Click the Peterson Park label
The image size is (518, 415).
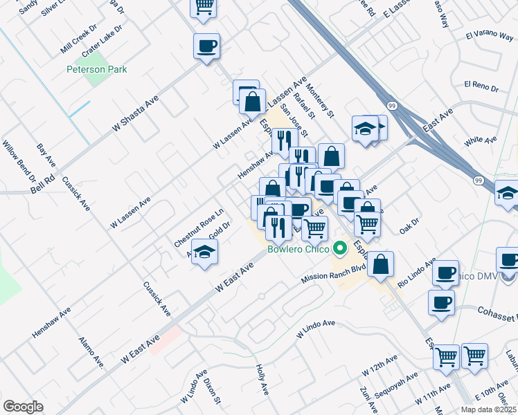(x=97, y=69)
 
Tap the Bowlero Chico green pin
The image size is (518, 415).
(x=339, y=247)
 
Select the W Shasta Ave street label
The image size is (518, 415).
(x=136, y=114)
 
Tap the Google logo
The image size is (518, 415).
(x=23, y=407)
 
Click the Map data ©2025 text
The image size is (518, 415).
(x=486, y=409)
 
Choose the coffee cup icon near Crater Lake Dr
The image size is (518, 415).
(x=206, y=46)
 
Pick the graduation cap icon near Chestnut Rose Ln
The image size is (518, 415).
(x=204, y=252)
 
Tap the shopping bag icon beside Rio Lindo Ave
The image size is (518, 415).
(x=380, y=264)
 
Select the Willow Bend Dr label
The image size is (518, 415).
(x=24, y=164)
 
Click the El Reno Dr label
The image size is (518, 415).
(x=481, y=85)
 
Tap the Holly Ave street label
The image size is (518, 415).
(x=262, y=380)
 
